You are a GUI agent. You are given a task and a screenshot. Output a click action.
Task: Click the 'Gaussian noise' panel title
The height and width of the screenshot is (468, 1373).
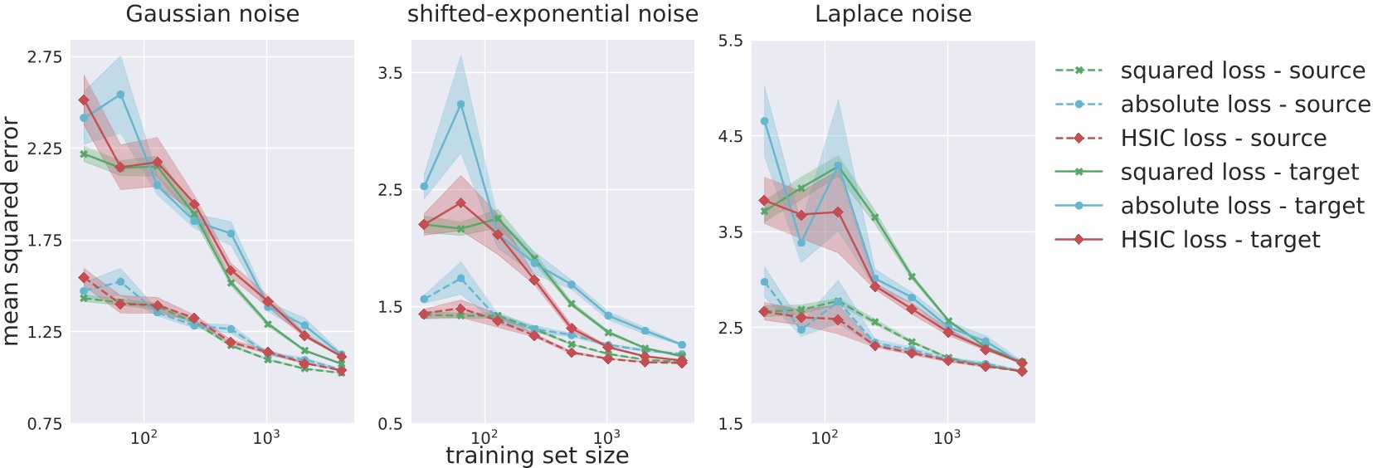212,14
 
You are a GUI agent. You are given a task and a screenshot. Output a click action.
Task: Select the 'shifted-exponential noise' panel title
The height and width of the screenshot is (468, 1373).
553,14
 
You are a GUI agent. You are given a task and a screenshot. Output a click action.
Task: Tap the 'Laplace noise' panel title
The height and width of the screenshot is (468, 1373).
893,14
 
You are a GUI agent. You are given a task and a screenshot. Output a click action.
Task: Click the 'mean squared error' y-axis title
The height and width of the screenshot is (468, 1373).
11,231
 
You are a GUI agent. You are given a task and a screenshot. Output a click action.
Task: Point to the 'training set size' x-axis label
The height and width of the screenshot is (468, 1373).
537,456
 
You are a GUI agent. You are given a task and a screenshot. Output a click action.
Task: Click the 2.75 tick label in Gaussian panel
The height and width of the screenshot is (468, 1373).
45,57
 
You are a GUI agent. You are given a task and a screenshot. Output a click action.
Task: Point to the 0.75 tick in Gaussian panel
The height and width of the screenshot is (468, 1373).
45,424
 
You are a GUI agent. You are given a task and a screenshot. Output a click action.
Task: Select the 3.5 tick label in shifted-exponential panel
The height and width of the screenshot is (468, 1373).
390,73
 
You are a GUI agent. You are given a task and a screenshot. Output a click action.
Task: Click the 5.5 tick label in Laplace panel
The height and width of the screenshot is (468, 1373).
730,41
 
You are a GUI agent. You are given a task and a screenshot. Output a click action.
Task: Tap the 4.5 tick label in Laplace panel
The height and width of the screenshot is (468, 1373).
730,136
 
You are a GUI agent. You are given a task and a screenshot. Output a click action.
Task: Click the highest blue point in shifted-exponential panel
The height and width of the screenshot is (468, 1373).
460,105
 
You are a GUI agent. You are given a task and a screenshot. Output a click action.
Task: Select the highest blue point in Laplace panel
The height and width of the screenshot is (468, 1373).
764,121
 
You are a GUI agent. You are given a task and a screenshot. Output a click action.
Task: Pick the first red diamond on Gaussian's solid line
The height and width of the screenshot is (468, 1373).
84,100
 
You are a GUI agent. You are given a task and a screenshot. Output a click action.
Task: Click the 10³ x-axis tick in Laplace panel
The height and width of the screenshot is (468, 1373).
947,437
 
